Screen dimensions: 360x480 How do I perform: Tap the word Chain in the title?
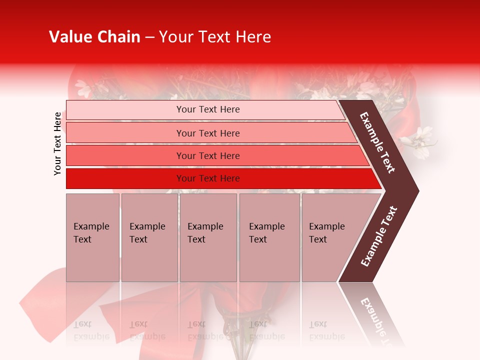pyautogui.click(x=118, y=37)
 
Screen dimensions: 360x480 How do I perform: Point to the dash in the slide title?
pyautogui.click(x=149, y=37)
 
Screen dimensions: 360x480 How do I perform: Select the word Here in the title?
pyautogui.click(x=253, y=37)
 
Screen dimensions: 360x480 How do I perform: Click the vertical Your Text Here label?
pyautogui.click(x=57, y=143)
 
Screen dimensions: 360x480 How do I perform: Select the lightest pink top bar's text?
pyautogui.click(x=208, y=109)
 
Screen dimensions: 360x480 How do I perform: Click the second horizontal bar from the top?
pyautogui.click(x=208, y=133)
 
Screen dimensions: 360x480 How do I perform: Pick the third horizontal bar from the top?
pyautogui.click(x=208, y=156)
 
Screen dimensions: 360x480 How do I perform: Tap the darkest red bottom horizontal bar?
pyautogui.click(x=208, y=178)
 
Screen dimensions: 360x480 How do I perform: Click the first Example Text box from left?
pyautogui.click(x=92, y=237)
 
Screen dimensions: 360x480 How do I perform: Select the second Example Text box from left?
pyautogui.click(x=149, y=237)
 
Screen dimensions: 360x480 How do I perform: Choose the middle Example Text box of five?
pyautogui.click(x=208, y=237)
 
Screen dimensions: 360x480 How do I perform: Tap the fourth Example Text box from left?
pyautogui.click(x=269, y=237)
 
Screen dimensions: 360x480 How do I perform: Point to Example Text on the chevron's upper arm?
pyautogui.click(x=377, y=142)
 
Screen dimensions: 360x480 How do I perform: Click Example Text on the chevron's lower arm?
pyautogui.click(x=378, y=236)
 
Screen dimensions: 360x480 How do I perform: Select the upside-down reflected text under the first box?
pyautogui.click(x=91, y=330)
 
